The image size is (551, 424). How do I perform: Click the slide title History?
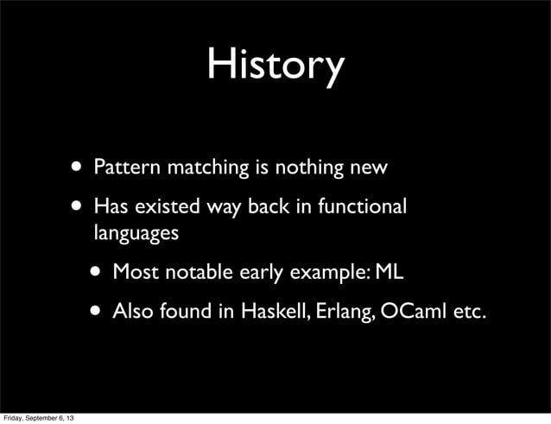click(275, 65)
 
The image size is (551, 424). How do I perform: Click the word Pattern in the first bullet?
click(121, 165)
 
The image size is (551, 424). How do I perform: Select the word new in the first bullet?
click(368, 165)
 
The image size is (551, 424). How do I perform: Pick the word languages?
click(136, 233)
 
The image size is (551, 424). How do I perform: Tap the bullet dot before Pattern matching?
click(79, 165)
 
